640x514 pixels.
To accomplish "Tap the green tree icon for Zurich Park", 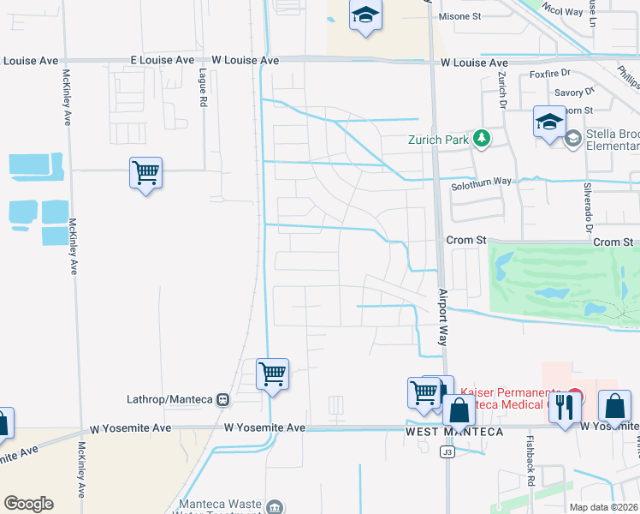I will coord(482,138).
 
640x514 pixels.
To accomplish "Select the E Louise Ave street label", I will coord(162,61).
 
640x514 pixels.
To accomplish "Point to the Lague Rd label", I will coord(204,87).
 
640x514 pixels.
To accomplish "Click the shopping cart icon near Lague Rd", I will coord(145,174).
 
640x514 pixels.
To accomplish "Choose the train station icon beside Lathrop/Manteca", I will coord(223,399).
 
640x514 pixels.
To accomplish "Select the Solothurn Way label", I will coord(481,182).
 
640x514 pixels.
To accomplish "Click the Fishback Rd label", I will coord(530,469).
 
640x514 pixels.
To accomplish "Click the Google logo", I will coord(28,504).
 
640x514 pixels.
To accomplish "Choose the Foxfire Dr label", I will coord(549,75).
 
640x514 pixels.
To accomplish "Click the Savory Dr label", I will coord(574,92).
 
